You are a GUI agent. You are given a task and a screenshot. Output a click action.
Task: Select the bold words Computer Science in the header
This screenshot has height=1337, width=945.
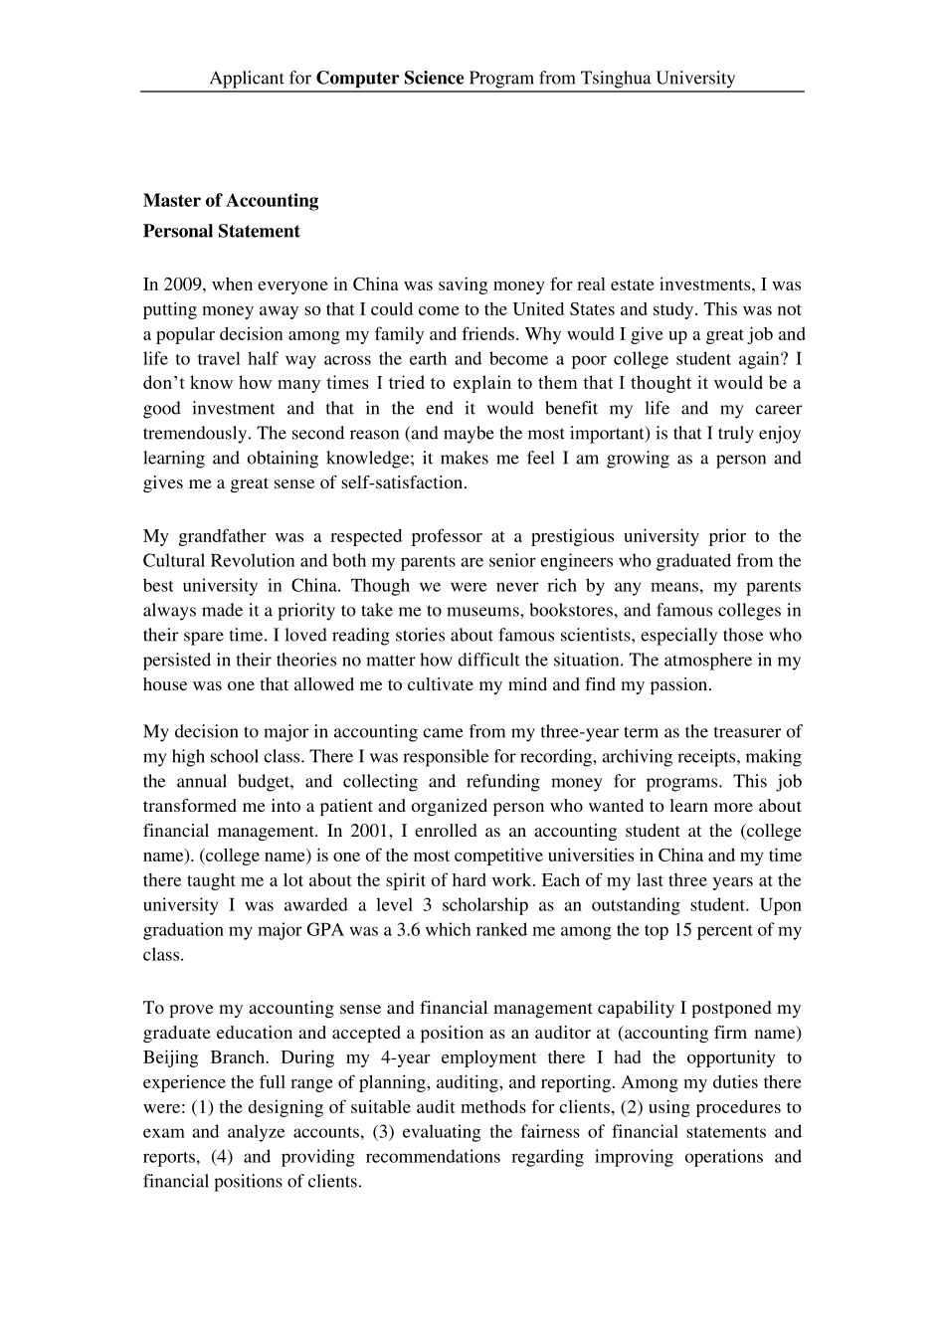pyautogui.click(x=390, y=78)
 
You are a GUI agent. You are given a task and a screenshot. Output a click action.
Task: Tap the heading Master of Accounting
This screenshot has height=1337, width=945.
pyautogui.click(x=231, y=200)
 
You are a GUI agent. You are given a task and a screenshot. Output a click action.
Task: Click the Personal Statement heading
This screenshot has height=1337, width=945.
pyautogui.click(x=221, y=231)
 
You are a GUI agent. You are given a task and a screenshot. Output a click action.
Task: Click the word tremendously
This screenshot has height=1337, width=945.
pyautogui.click(x=193, y=433)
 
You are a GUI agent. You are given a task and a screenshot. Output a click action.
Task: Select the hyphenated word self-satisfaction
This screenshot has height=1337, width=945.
pyautogui.click(x=408, y=482)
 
